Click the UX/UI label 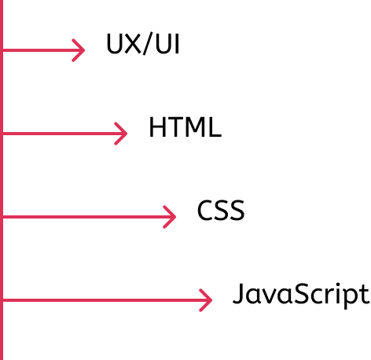[143, 44]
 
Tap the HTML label [185, 127]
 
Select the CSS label [221, 210]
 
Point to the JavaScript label [301, 296]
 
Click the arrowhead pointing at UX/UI [79, 50]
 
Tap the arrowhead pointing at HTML [121, 134]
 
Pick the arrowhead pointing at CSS [170, 217]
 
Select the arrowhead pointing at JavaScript [206, 300]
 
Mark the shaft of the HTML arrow [64, 134]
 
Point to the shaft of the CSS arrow [89, 217]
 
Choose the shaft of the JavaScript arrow [107, 300]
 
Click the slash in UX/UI [148, 44]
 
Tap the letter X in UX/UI [133, 44]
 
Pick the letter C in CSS [205, 210]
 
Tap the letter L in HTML [215, 127]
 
